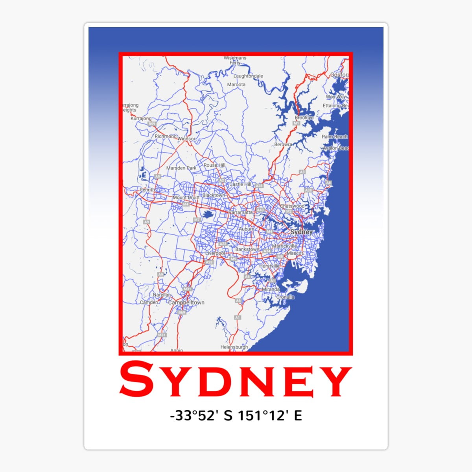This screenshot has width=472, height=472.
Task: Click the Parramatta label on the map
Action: point(240,212)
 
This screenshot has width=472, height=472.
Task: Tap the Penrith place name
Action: point(147,190)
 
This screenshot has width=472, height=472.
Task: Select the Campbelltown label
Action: point(186,302)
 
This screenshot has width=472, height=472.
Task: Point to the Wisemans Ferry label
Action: point(235,60)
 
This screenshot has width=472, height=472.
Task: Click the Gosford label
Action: point(339,75)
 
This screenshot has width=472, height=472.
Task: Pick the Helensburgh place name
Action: point(234,347)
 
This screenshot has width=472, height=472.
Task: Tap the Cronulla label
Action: point(285,297)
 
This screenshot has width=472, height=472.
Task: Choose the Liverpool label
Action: point(215,253)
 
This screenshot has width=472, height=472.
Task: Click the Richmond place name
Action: point(165,136)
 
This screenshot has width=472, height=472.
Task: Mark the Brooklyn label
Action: point(304,118)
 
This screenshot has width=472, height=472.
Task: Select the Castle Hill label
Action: point(240,184)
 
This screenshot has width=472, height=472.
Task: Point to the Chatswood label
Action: point(292,206)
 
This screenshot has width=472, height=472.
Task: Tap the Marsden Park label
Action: point(181,168)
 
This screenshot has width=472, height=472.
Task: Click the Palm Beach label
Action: point(335,136)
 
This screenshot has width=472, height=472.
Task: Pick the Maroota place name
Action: point(236,84)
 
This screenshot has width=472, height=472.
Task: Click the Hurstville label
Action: point(269,266)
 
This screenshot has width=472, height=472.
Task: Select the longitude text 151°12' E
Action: point(269,415)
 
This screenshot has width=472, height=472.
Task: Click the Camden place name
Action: point(149,302)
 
